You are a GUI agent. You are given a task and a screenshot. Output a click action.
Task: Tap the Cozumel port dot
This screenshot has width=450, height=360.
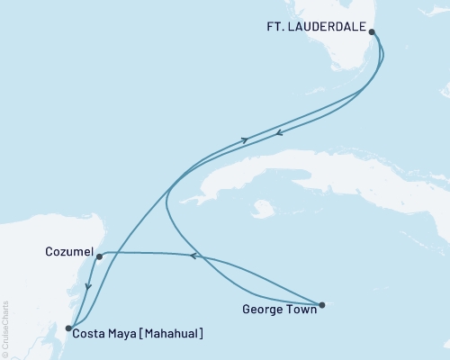99,256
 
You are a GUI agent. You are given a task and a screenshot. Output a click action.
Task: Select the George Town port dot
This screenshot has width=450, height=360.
321,304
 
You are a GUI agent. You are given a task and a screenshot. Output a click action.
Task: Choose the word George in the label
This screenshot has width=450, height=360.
262,311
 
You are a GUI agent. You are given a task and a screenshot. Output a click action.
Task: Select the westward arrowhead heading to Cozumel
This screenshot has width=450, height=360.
192,256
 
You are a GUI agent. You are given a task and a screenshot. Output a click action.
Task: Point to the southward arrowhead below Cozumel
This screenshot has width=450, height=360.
87,289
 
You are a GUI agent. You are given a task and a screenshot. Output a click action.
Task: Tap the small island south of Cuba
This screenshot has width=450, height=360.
263,209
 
